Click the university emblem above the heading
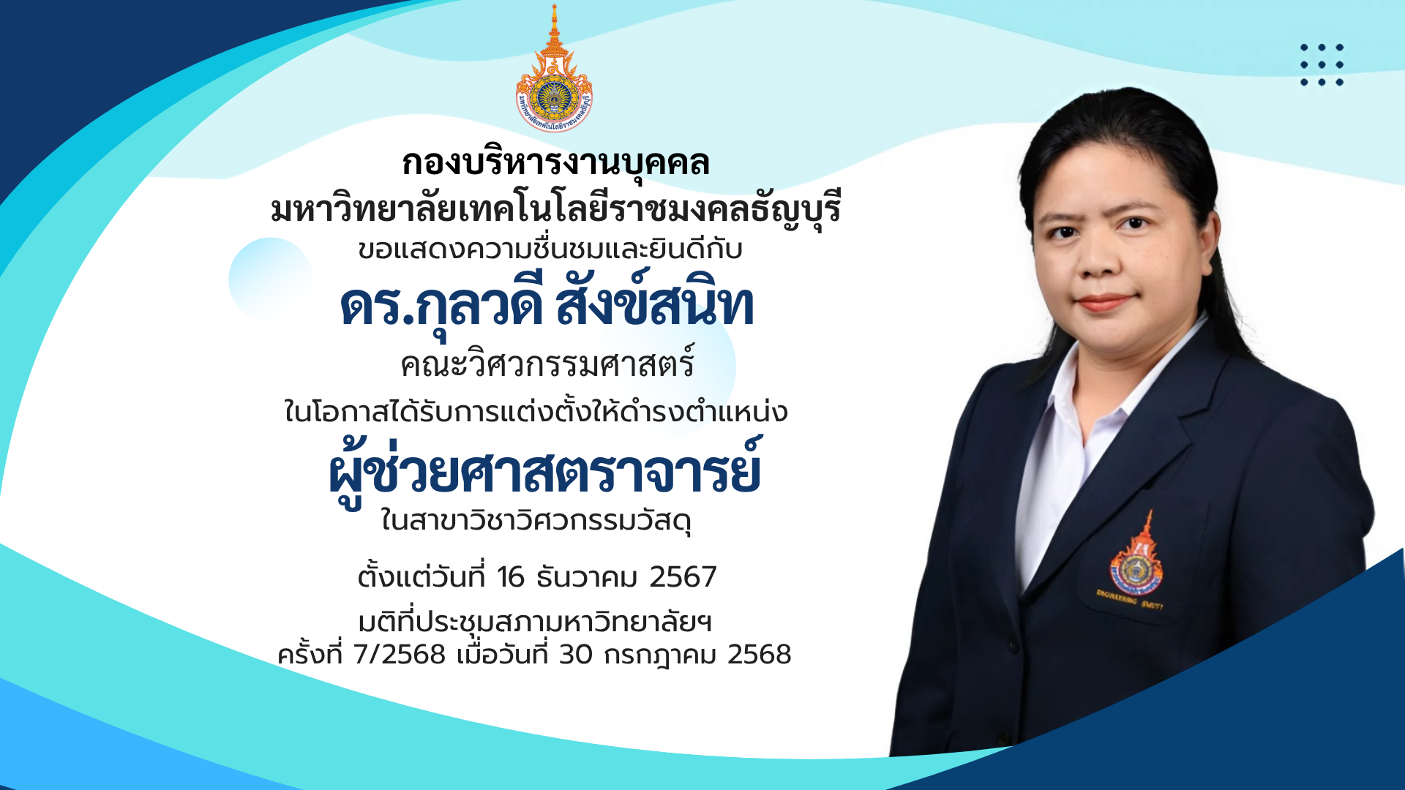point(554,69)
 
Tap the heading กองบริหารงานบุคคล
point(555,162)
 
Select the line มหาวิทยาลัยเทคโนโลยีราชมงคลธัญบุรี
point(555,209)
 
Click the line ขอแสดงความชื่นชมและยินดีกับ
point(550,249)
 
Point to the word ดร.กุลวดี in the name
point(441,306)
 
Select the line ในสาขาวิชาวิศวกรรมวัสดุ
point(536,521)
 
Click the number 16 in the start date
point(511,577)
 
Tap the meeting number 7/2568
point(399,655)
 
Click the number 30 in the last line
point(576,655)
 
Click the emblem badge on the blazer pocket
point(1135,563)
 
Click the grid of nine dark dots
point(1322,64)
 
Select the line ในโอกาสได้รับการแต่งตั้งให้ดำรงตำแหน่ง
point(536,413)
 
